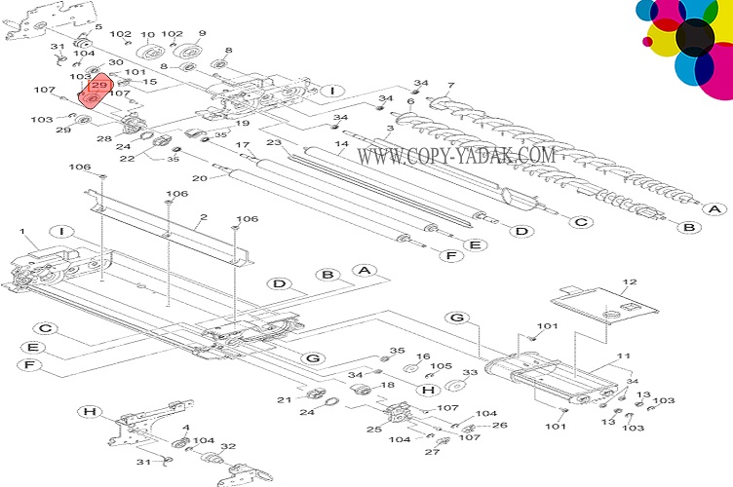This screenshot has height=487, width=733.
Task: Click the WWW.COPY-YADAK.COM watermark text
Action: (455, 155)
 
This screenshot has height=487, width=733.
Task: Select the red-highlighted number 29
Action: (98, 86)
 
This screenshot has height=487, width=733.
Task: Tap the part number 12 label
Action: (630, 282)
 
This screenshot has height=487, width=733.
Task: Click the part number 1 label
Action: (21, 231)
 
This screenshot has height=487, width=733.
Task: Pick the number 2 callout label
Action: (204, 218)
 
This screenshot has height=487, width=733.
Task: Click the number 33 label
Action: (470, 372)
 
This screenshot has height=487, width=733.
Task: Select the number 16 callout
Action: (423, 356)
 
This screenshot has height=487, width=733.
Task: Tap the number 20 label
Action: (200, 178)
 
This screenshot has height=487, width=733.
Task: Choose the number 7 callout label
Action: (450, 86)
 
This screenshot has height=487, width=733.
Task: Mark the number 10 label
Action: (148, 36)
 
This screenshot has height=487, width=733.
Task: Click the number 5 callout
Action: (96, 27)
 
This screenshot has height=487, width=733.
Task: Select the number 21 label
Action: (284, 400)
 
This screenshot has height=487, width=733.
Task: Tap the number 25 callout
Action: (373, 430)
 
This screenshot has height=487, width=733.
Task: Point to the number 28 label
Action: (103, 139)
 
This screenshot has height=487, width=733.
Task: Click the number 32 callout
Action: (228, 446)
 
